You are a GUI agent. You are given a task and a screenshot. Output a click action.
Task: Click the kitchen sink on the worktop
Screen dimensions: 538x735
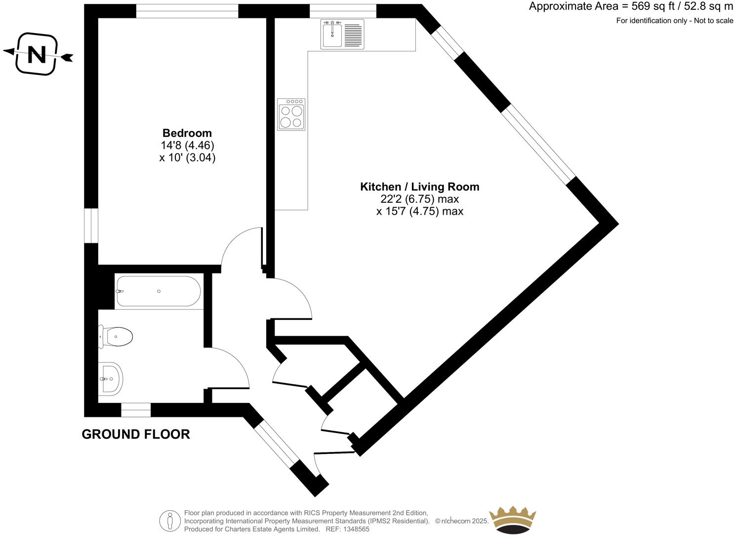(342, 34)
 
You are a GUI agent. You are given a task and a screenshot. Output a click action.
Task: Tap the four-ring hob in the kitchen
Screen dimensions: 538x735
(291, 114)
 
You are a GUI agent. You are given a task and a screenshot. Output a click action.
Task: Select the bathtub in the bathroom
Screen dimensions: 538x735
(158, 291)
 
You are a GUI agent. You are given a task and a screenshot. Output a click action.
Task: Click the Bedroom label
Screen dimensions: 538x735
(187, 133)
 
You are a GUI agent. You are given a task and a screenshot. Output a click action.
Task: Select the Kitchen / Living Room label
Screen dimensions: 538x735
(419, 187)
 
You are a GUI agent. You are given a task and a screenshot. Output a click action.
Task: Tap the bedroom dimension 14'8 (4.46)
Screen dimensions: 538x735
(187, 145)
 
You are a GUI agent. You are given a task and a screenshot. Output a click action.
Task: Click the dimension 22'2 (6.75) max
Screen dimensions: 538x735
(419, 199)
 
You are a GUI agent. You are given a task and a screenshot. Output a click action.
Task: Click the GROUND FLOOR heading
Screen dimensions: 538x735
(136, 434)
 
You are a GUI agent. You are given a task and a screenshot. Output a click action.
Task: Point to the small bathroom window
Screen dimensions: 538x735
(136, 410)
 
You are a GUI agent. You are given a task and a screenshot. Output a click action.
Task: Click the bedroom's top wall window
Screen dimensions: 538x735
(187, 11)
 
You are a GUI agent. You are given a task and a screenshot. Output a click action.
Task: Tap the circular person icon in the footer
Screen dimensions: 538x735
(169, 521)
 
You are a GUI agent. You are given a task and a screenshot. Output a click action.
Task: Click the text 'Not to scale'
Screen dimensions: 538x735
(714, 21)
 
